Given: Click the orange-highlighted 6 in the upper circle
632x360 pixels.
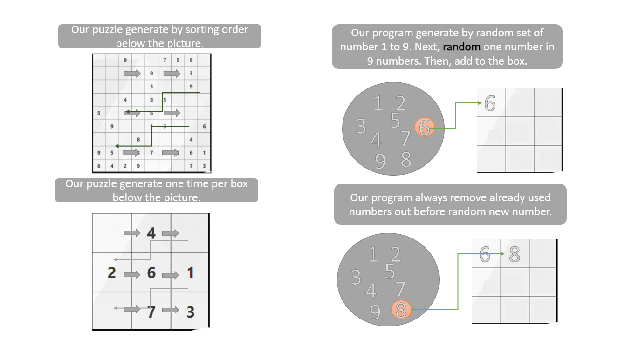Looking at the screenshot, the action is coord(424,128).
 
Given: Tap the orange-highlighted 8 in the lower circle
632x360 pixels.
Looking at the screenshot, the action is coord(401,310).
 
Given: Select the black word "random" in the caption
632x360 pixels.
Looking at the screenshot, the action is coord(461,47).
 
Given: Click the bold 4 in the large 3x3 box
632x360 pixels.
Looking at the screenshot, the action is coord(151,233).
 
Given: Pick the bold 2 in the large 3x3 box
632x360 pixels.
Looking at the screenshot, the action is coord(112,273).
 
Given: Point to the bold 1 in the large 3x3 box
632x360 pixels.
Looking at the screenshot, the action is coord(191,273).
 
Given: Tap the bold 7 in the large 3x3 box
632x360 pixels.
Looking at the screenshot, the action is coord(151,312).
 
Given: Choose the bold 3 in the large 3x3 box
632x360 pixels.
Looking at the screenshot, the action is coord(191,312).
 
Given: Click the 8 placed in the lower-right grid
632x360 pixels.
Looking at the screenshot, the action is coord(515,254).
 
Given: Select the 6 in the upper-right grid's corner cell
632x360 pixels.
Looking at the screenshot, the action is coord(490,103).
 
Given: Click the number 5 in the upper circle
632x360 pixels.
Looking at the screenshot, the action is coord(395,121).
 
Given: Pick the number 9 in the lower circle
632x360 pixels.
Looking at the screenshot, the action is coord(375,312).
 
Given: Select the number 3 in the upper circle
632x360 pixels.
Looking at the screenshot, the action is coord(361,126).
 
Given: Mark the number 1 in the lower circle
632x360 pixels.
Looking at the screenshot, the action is coord(373,255).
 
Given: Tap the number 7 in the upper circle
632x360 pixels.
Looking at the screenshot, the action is coord(405,139).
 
